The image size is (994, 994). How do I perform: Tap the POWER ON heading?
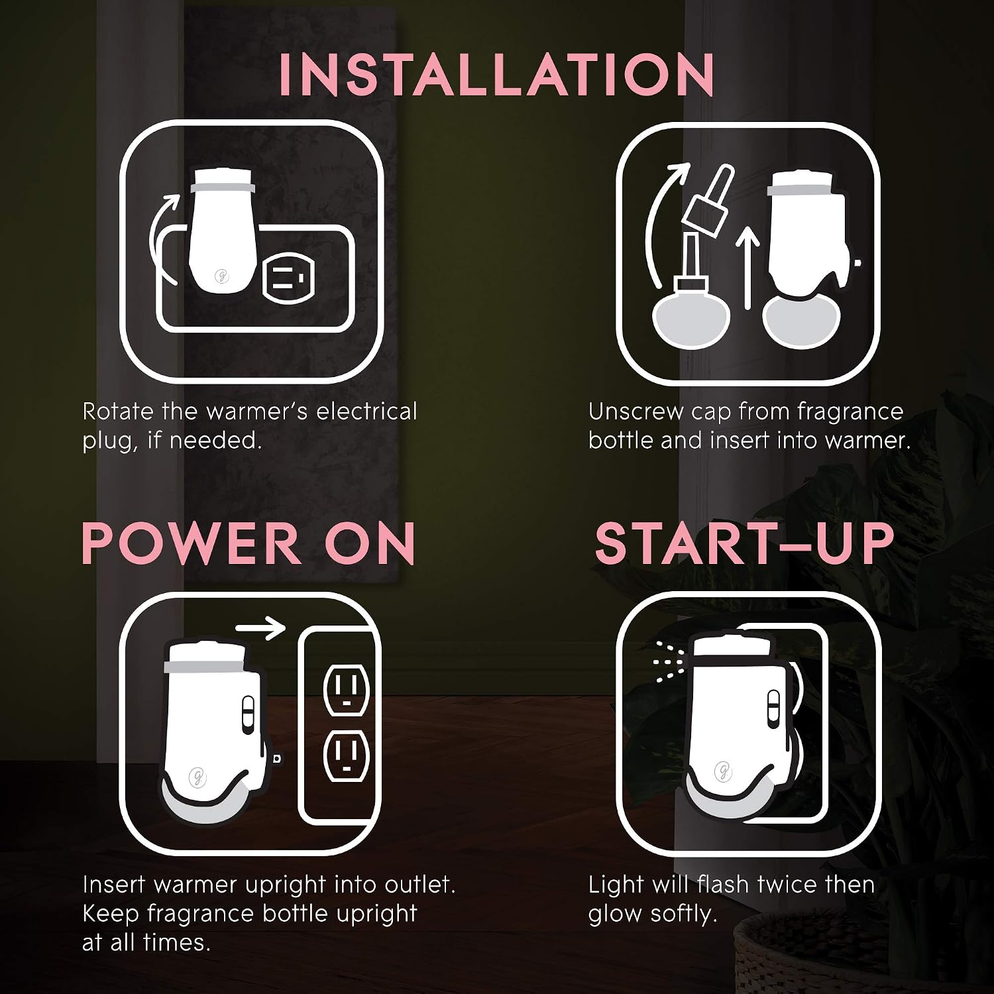[x=248, y=543]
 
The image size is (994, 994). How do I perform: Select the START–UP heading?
[x=745, y=543]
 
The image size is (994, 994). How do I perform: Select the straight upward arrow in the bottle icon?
[x=747, y=268]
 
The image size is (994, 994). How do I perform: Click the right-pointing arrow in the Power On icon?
[x=261, y=627]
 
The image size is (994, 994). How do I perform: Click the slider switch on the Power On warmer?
[x=248, y=714]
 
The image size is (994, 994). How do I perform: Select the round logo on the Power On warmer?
[x=196, y=776]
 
